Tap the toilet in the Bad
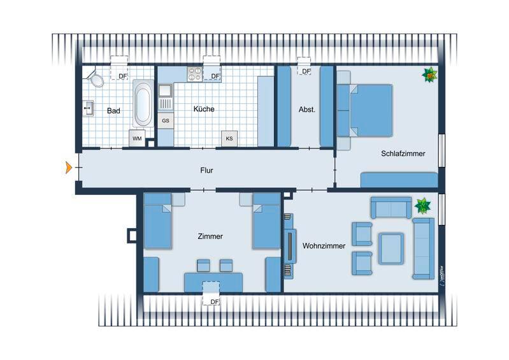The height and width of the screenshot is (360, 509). coord(96,79)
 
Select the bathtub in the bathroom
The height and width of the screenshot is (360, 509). coord(143,104)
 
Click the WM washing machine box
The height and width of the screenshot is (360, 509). coord(136,138)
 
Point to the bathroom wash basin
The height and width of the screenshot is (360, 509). coord(88,109)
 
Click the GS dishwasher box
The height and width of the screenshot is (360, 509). coord(165,120)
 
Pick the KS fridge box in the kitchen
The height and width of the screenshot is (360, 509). coord(228,138)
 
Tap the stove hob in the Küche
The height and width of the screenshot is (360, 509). coord(194,75)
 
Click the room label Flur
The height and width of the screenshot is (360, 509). coord(206,170)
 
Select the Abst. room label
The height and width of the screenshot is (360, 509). coord(307,110)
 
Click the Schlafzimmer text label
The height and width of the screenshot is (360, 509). coord(403,154)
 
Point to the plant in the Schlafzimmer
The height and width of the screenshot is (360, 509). coord(430,75)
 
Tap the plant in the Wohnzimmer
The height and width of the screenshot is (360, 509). coord(422,206)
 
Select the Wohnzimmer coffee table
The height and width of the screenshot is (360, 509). coord(391,248)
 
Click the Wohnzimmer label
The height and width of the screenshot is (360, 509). coord(324,245)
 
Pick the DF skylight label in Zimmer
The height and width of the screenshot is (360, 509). coord(215,301)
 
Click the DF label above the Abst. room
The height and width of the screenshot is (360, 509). coord(306,71)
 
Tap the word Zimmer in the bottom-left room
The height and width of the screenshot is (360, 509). coord(210,236)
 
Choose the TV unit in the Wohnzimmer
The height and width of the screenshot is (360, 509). coord(289,245)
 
